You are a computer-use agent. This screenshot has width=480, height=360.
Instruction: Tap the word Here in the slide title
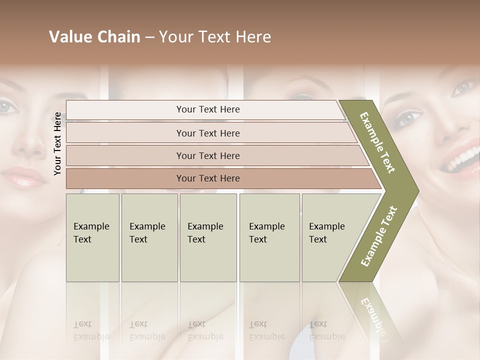click(253, 37)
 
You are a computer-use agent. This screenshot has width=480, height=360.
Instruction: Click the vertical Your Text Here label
click(58, 143)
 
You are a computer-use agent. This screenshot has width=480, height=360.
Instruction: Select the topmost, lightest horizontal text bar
click(208, 109)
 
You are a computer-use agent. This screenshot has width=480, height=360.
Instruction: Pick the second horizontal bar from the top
click(208, 133)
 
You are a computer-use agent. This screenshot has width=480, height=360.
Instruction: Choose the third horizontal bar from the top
click(208, 155)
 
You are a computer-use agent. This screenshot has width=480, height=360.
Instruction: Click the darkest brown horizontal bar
click(208, 178)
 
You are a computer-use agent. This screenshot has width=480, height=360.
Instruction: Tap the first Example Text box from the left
click(92, 237)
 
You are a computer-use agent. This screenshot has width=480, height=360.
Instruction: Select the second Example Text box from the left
click(149, 237)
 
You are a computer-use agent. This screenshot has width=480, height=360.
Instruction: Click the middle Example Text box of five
click(208, 237)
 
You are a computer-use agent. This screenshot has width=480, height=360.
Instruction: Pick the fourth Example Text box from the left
click(269, 237)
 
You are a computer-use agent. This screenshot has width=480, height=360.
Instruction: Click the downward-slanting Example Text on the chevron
click(377, 142)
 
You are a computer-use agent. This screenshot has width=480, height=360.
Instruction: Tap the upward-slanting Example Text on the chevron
click(378, 236)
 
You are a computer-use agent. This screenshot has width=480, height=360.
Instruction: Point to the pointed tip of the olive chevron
click(417, 191)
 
